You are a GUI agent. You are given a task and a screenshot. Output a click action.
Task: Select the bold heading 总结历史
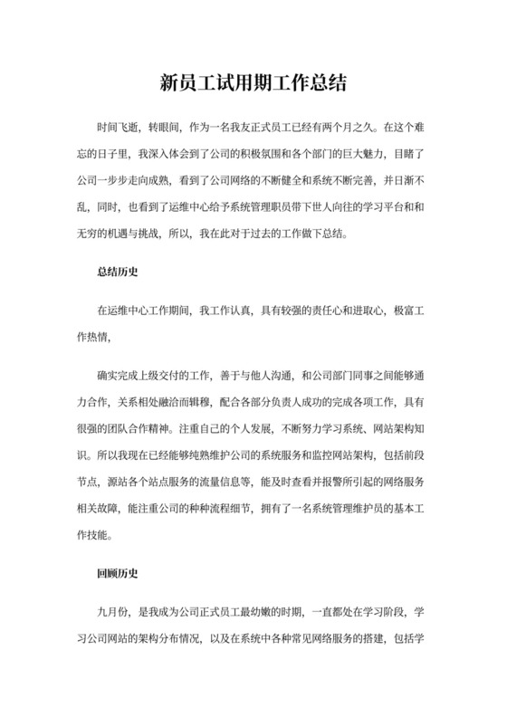(117, 271)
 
